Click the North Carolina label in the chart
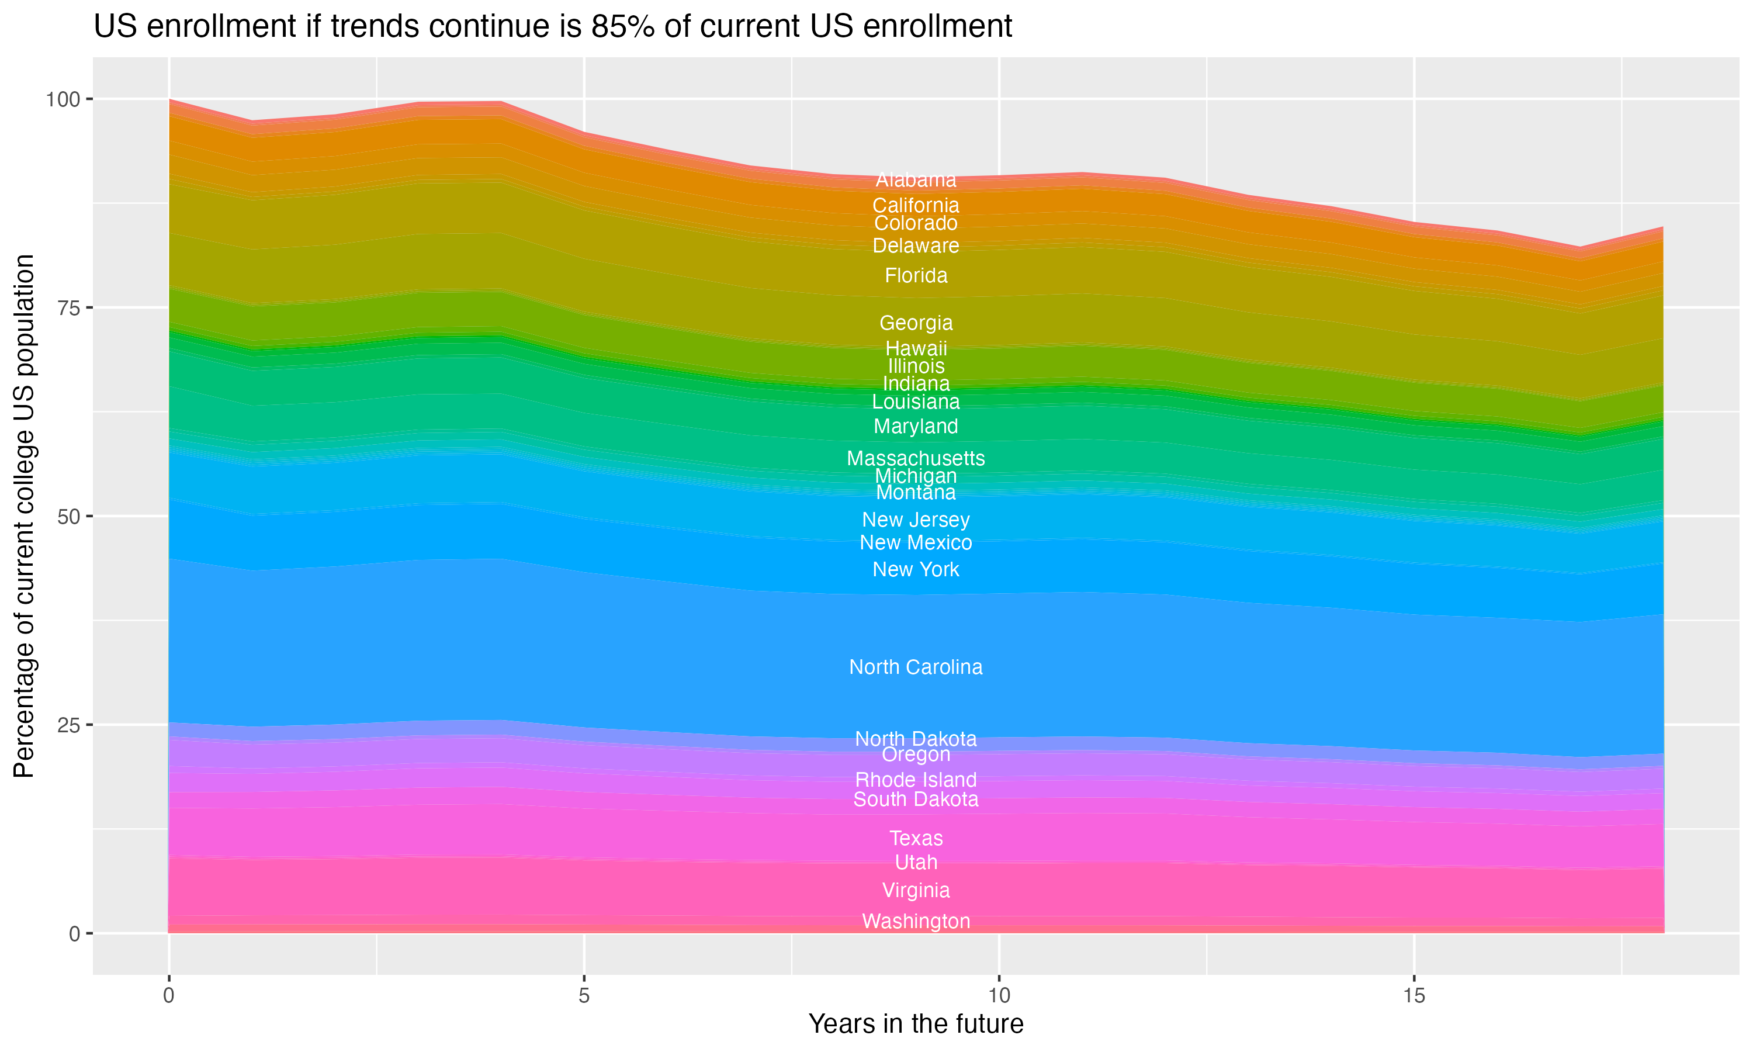tap(916, 667)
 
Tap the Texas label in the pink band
tap(916, 838)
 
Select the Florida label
tap(916, 275)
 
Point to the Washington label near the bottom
tap(916, 921)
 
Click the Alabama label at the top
tap(916, 179)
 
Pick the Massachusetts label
tap(916, 458)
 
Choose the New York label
tap(916, 569)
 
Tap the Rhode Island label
tap(916, 780)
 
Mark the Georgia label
tap(916, 323)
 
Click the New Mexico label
tap(916, 542)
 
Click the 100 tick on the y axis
tap(63, 99)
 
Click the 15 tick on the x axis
tap(1414, 996)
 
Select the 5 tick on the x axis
tap(584, 996)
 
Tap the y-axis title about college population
tap(24, 516)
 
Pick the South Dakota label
tap(916, 800)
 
